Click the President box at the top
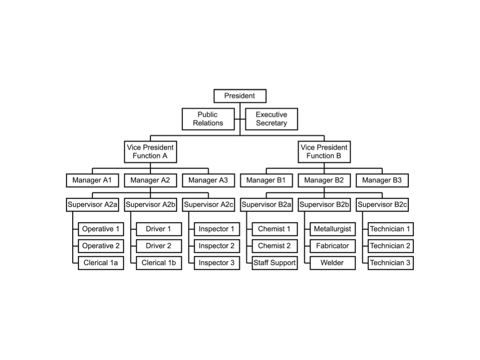[240, 96]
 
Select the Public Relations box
[208, 119]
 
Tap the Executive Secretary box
[271, 119]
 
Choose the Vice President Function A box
[150, 151]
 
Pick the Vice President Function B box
[324, 151]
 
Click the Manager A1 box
[92, 180]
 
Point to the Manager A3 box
[208, 180]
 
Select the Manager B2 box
[324, 180]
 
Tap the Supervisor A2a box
[92, 204]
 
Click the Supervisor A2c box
[208, 204]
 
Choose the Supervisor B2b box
[324, 204]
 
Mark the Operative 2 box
[101, 246]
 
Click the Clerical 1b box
[158, 263]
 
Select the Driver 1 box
[158, 229]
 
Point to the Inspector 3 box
[217, 263]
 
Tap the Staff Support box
[275, 263]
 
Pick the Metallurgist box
[332, 229]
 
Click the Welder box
[332, 263]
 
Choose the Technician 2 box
[390, 246]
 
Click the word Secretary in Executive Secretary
[271, 123]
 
